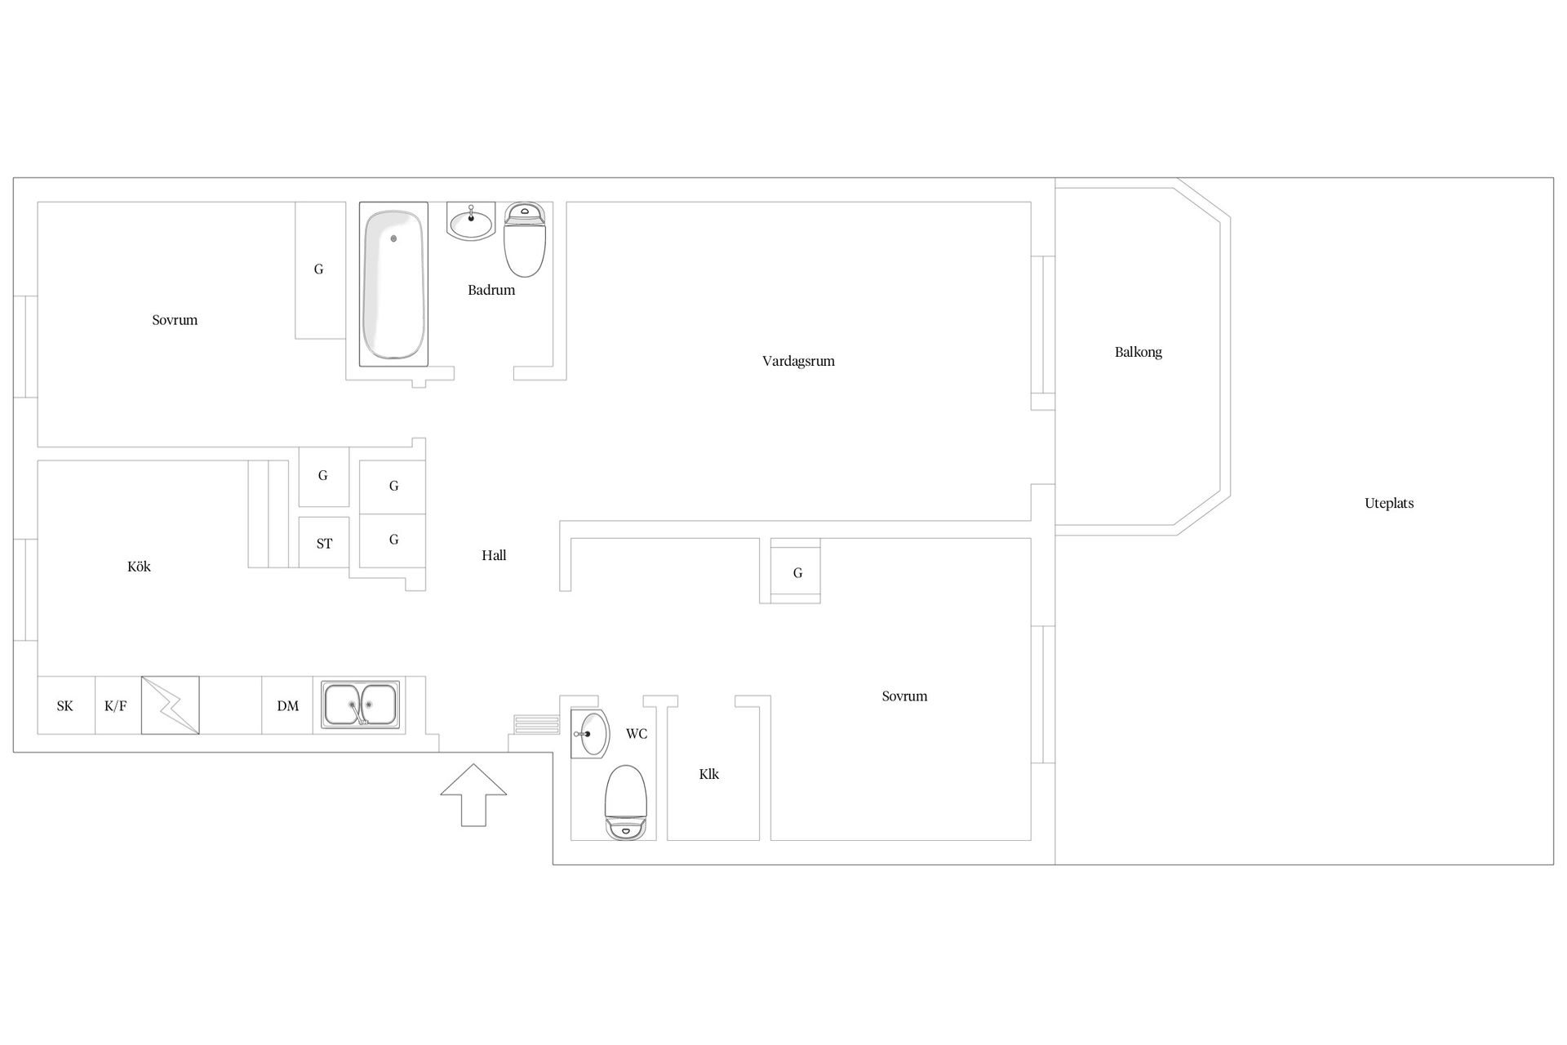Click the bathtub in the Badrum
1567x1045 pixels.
point(393,284)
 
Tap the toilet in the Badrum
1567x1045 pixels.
point(524,240)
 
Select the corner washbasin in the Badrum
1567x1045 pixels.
point(471,221)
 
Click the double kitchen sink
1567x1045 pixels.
point(360,705)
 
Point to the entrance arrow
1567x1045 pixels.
point(473,795)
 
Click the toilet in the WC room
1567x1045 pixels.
point(626,803)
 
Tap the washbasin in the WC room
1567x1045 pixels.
point(590,734)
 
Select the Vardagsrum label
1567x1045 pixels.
point(798,361)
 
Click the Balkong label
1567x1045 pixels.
point(1139,353)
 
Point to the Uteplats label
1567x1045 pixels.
point(1389,504)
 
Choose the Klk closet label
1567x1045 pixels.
point(708,774)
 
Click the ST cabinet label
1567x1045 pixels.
point(324,544)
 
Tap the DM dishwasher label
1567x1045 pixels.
point(287,706)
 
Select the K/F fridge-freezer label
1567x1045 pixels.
point(116,706)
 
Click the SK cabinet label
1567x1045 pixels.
point(64,706)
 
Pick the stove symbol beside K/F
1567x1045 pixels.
point(170,705)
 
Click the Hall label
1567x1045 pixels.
point(494,555)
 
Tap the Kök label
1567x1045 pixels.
point(139,567)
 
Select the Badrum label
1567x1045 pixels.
point(491,290)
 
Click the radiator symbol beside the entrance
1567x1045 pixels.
point(536,725)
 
